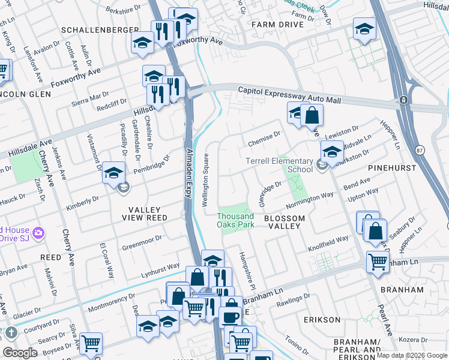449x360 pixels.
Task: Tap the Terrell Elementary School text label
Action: (280, 166)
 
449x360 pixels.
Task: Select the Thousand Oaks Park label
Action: (235, 220)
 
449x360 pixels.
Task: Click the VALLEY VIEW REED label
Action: (145, 214)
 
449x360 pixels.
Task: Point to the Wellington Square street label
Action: (205, 180)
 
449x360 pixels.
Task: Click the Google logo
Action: (19, 353)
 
